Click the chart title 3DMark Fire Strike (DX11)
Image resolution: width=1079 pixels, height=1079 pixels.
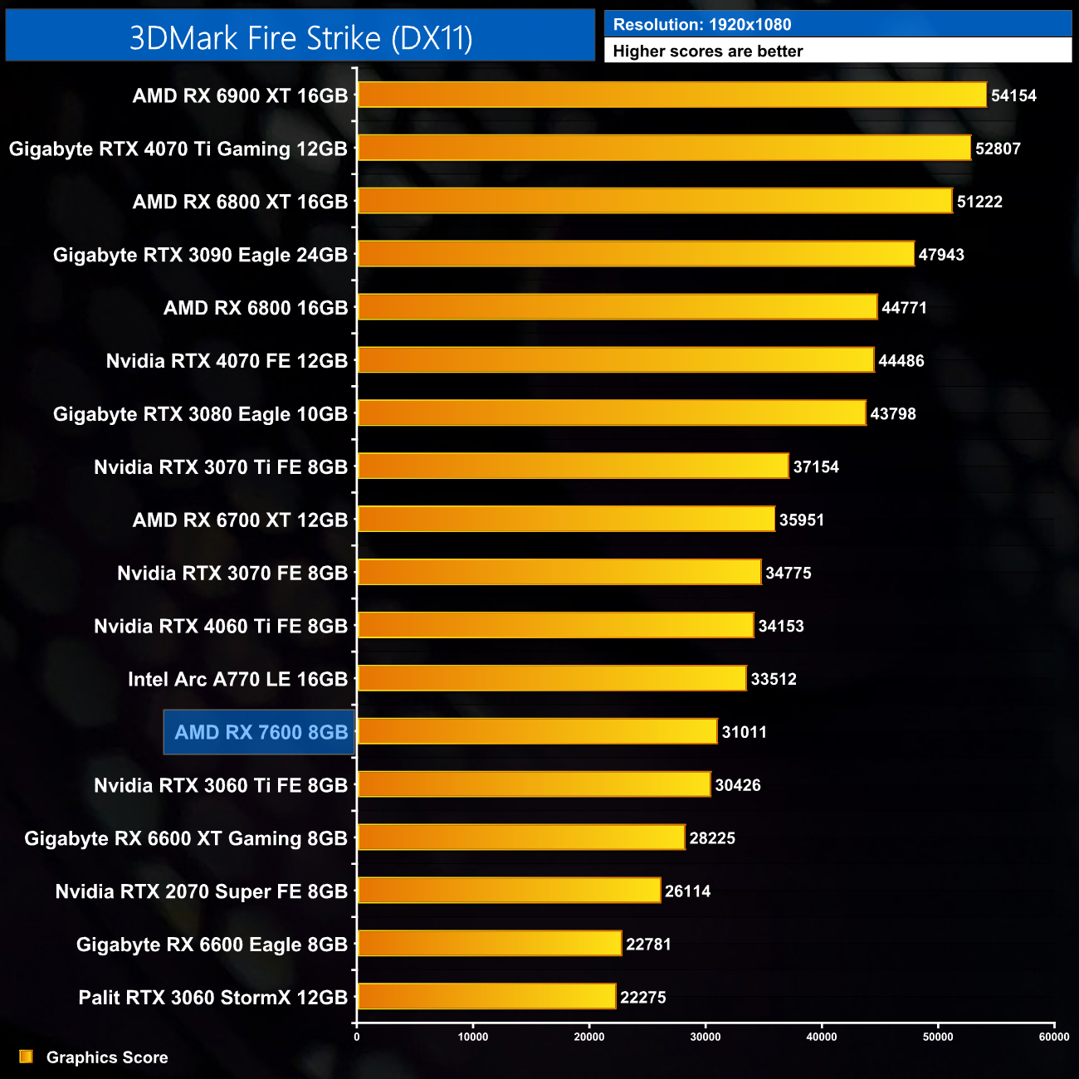(300, 38)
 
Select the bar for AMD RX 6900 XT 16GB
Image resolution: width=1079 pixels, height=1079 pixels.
(672, 95)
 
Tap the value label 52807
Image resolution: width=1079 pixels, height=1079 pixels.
(998, 149)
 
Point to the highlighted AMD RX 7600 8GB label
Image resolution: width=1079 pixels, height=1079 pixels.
(260, 732)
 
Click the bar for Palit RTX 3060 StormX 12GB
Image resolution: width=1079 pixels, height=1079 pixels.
(486, 996)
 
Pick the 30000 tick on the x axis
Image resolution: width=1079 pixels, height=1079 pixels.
(705, 1036)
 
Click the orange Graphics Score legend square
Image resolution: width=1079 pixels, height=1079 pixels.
(27, 1057)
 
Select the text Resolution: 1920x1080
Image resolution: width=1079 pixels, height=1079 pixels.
(702, 25)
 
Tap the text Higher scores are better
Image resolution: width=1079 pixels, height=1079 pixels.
(708, 51)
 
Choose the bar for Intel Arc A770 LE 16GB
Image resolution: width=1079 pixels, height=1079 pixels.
(552, 678)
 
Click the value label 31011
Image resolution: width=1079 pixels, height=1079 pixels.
(745, 732)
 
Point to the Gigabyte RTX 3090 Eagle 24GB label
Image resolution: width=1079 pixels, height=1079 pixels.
(200, 255)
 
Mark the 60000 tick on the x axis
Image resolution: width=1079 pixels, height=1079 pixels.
(1054, 1036)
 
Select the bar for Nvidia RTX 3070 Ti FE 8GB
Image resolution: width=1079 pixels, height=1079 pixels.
(573, 466)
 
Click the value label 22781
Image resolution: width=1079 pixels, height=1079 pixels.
(648, 945)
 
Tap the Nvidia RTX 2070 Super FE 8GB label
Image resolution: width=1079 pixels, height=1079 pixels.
(201, 891)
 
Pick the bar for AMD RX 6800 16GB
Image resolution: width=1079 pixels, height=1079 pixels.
(617, 306)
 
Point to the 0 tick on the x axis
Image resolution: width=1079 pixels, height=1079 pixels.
(357, 1036)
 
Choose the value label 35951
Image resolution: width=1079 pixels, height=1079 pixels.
(802, 520)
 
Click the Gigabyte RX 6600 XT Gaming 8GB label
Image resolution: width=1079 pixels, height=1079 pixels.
(186, 838)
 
